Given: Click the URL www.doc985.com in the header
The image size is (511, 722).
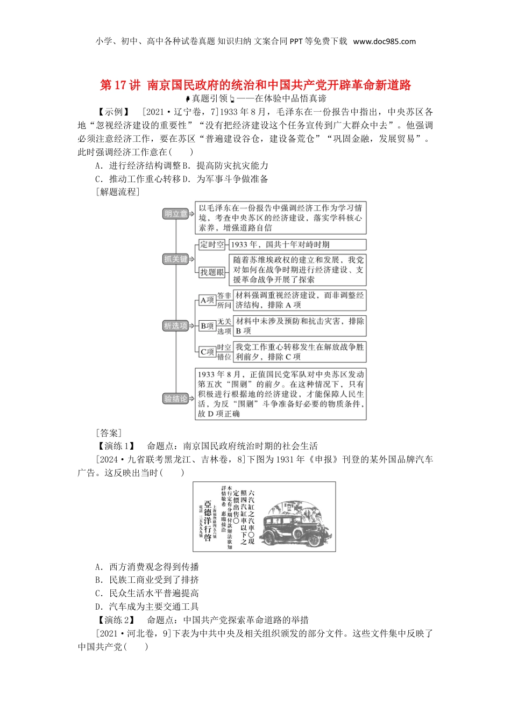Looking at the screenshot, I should click(384, 41).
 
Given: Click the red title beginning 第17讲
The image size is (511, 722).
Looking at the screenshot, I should click(256, 85).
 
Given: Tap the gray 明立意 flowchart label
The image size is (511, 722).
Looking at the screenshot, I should click(176, 214).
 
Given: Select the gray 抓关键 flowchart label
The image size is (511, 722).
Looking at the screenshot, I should click(176, 259).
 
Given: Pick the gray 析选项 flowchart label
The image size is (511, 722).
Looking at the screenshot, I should click(176, 326).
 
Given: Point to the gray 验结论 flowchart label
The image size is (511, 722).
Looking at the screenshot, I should click(176, 399).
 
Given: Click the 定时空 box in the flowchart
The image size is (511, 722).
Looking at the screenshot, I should click(212, 244).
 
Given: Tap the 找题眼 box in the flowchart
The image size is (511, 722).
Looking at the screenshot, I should click(212, 272).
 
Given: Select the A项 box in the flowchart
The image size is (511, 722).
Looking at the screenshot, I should click(207, 300).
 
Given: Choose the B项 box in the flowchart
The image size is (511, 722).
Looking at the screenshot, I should click(207, 326).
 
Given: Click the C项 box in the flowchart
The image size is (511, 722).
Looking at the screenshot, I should click(207, 352).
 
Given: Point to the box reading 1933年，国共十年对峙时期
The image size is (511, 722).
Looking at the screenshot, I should click(297, 244).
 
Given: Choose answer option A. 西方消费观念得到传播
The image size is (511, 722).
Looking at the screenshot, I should click(147, 567).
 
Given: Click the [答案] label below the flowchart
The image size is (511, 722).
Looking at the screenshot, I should click(109, 432).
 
